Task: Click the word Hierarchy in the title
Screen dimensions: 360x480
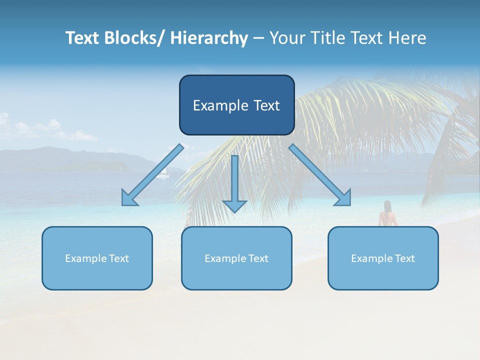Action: [x=209, y=38]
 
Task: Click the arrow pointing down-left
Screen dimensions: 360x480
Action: [x=152, y=175]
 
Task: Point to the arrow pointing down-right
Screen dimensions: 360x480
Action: [x=320, y=175]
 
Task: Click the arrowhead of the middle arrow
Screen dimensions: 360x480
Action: [x=234, y=205]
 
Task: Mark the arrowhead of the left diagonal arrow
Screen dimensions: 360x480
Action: [x=128, y=198]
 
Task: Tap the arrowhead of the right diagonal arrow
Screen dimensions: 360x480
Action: [x=344, y=198]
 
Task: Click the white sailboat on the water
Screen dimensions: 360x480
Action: [x=163, y=174]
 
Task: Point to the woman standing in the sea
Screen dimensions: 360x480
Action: [x=386, y=215]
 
